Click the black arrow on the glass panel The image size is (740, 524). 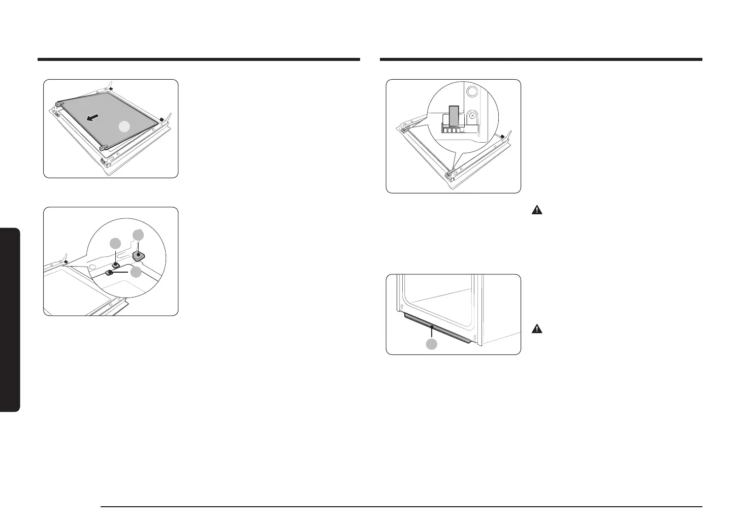tap(92, 118)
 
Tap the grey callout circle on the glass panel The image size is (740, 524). tap(124, 127)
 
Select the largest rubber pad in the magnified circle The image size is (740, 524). tap(139, 254)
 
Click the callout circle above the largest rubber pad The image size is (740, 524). tap(138, 235)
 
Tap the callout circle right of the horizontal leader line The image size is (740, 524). tap(136, 272)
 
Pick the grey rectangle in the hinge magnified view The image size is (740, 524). tap(455, 116)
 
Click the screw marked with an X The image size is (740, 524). tap(472, 116)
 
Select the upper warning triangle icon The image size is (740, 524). tap(536, 210)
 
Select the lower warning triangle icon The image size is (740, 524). tap(536, 329)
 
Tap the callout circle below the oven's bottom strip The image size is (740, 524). tap(431, 344)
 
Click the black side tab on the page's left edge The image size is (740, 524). tap(10, 320)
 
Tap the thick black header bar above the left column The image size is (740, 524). tap(199, 59)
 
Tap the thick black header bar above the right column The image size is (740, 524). tap(541, 59)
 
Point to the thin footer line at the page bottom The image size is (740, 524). tap(401, 506)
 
